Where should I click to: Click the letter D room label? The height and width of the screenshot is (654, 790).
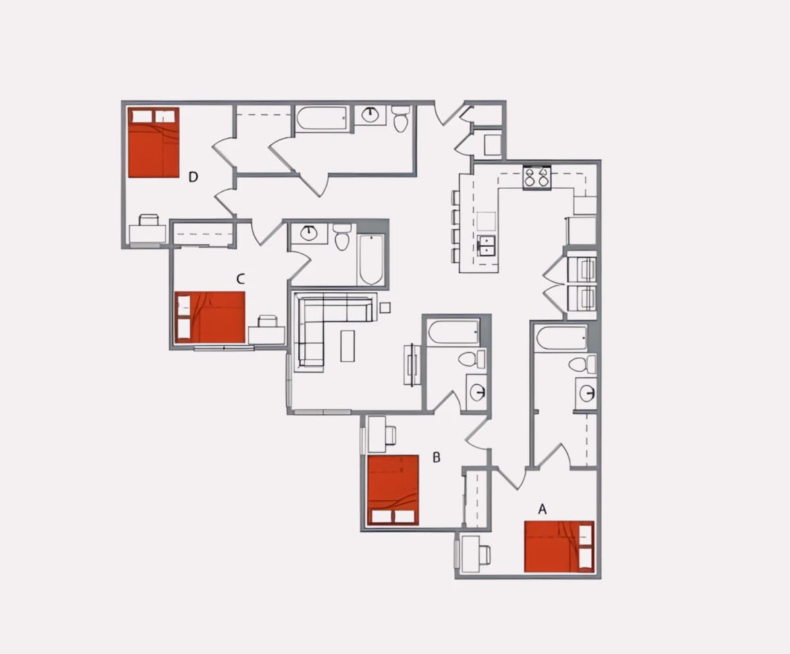pyautogui.click(x=193, y=176)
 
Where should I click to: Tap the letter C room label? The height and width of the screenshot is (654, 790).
pyautogui.click(x=240, y=279)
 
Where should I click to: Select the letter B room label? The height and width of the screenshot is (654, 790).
pyautogui.click(x=436, y=457)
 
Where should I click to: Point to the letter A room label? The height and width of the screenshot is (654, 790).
pyautogui.click(x=542, y=509)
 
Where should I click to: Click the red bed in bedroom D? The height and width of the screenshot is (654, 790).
pyautogui.click(x=153, y=142)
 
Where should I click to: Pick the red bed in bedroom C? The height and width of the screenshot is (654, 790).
pyautogui.click(x=209, y=317)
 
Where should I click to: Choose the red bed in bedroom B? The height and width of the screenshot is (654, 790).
pyautogui.click(x=393, y=490)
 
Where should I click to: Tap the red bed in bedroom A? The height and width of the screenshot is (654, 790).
pyautogui.click(x=559, y=547)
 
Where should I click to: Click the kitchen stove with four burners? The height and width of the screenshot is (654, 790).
pyautogui.click(x=537, y=178)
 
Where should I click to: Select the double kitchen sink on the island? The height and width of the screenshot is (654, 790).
pyautogui.click(x=487, y=245)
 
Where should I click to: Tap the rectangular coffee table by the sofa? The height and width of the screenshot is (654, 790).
pyautogui.click(x=348, y=345)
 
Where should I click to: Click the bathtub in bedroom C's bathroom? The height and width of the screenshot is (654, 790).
pyautogui.click(x=371, y=259)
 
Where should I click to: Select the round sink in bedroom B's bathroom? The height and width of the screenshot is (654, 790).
pyautogui.click(x=477, y=392)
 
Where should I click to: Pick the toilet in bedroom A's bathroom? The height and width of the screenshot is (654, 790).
pyautogui.click(x=581, y=365)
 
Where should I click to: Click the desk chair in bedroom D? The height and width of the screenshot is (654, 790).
pyautogui.click(x=149, y=220)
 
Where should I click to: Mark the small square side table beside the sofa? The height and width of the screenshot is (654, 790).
pyautogui.click(x=384, y=307)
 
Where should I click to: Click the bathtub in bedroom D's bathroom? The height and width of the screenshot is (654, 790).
pyautogui.click(x=322, y=118)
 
